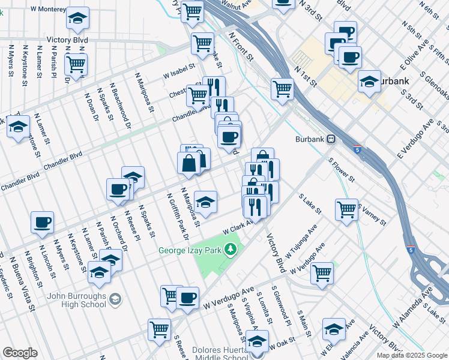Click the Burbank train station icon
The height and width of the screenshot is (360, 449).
(x=331, y=139)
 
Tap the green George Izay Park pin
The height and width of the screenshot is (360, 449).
(x=229, y=248)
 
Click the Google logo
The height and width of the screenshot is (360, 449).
(x=20, y=353)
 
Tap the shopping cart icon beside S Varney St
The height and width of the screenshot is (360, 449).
(x=346, y=209)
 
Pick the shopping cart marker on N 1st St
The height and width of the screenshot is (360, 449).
(x=282, y=88)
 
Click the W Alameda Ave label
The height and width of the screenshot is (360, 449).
(x=412, y=307)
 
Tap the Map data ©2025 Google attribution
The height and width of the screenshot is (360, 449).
(x=411, y=355)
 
